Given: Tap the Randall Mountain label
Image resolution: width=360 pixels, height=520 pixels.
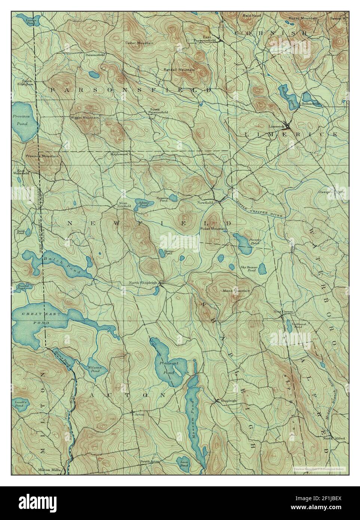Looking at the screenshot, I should pos(179,70).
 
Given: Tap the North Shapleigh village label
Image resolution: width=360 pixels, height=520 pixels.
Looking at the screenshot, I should pos(143,282).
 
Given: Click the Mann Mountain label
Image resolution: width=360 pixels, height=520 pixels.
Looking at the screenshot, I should pos(236,290).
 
